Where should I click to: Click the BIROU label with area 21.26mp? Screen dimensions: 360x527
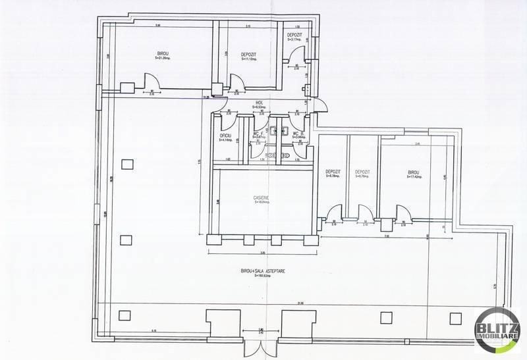(162, 55)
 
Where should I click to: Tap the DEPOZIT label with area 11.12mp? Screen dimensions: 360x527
(248, 56)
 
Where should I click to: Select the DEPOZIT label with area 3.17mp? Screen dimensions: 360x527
(294, 37)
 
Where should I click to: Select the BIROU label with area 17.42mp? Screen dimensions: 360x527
(414, 174)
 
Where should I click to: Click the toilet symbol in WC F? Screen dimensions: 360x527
(272, 128)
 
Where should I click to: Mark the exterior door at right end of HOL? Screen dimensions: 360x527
(321, 105)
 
